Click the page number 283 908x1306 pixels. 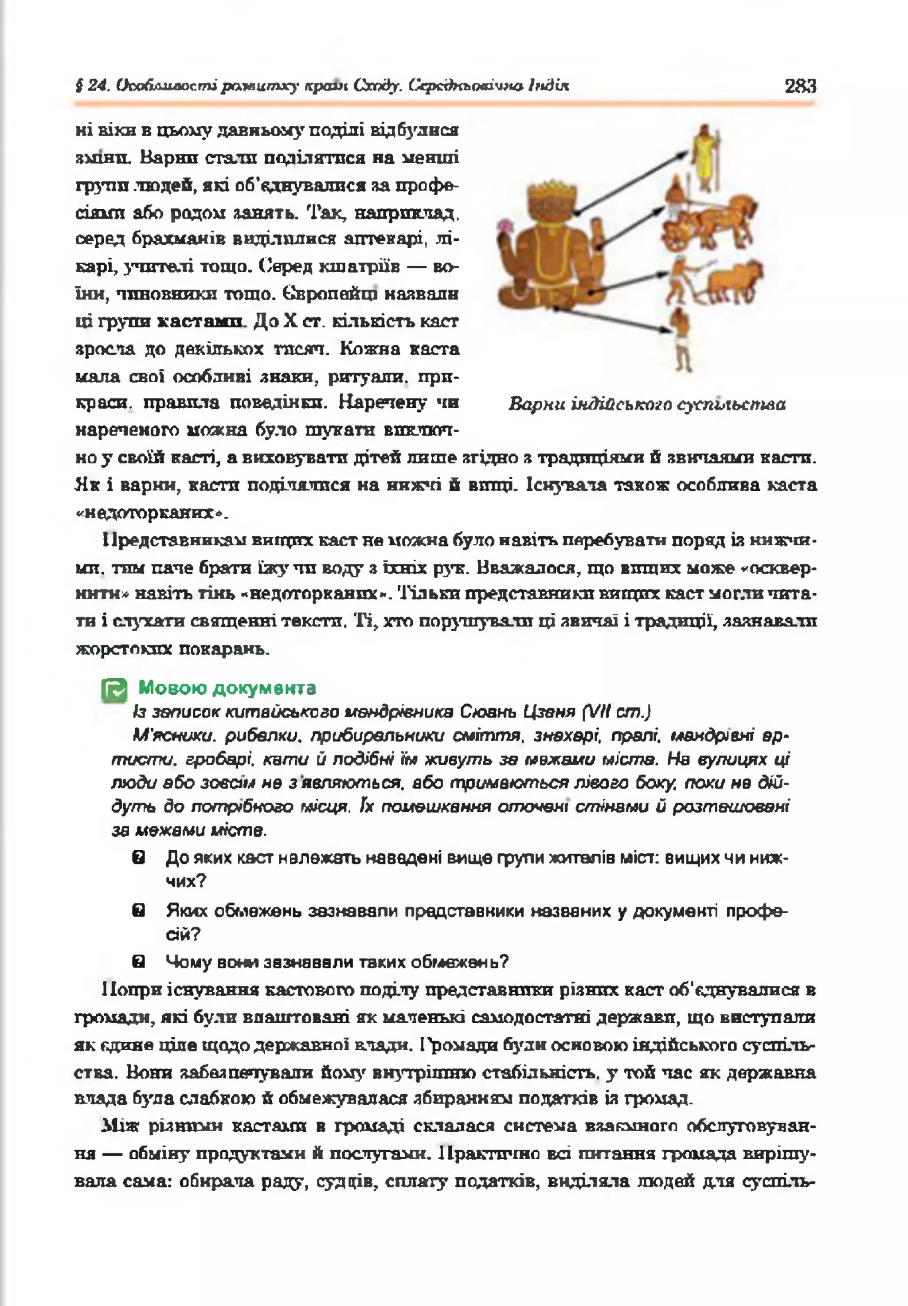pyautogui.click(x=800, y=86)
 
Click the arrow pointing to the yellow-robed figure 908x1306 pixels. pyautogui.click(x=631, y=182)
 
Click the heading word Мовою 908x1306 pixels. pyautogui.click(x=172, y=688)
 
